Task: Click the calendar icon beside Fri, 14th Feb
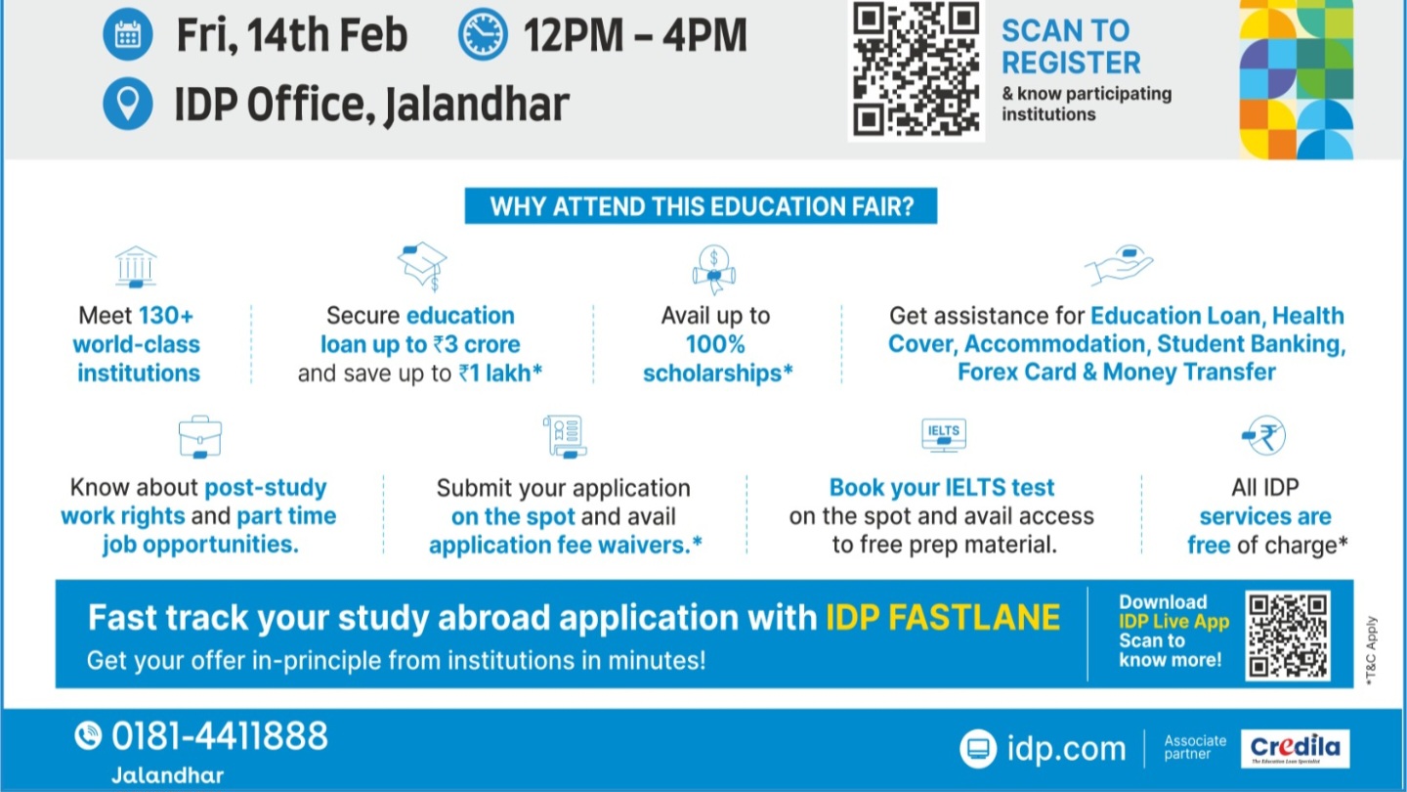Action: coord(127,34)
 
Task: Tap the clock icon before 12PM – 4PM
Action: coord(483,34)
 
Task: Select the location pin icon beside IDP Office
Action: coord(127,104)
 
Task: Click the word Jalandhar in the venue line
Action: coord(477,105)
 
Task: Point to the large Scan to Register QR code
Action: coord(917,70)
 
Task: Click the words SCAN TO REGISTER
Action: coord(1071,47)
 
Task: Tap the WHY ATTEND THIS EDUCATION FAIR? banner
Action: coord(701,205)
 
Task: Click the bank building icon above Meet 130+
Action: coord(136,267)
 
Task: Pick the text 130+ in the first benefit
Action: coord(166,315)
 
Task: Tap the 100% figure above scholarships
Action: coord(715,344)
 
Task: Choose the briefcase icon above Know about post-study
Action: coord(199,436)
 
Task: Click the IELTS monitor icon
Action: coord(944,435)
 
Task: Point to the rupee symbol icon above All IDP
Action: coord(1263,435)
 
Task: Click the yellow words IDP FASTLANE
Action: coord(943,617)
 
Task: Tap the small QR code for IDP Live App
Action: coord(1288,636)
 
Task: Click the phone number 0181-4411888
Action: coord(220,736)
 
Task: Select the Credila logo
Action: coord(1296,749)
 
